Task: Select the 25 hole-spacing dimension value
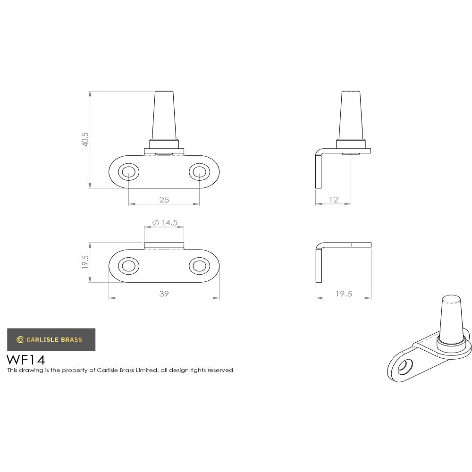coord(164,200)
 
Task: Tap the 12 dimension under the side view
coord(333,200)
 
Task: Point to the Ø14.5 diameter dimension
coord(165,222)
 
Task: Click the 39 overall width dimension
coord(164,294)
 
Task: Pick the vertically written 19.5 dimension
coord(85,262)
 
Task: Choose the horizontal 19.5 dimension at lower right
coord(344,294)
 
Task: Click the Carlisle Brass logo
coord(51,339)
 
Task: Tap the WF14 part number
coord(26,360)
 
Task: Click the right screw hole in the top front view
coord(199,172)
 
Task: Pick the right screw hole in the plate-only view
coord(199,266)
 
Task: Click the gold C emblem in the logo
coord(20,339)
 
